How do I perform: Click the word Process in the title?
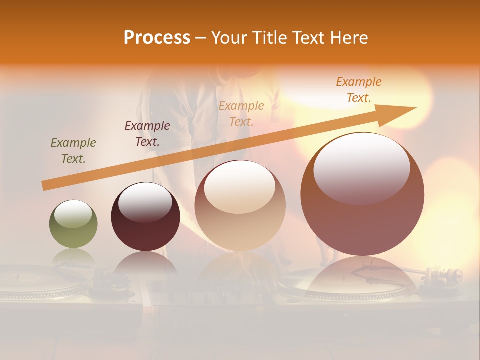(x=157, y=37)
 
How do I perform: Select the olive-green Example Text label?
(x=73, y=151)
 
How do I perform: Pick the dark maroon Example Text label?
(x=147, y=133)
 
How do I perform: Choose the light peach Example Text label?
(x=241, y=113)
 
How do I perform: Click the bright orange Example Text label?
(x=359, y=90)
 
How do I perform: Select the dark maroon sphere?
(x=145, y=230)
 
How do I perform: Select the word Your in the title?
(x=229, y=38)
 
